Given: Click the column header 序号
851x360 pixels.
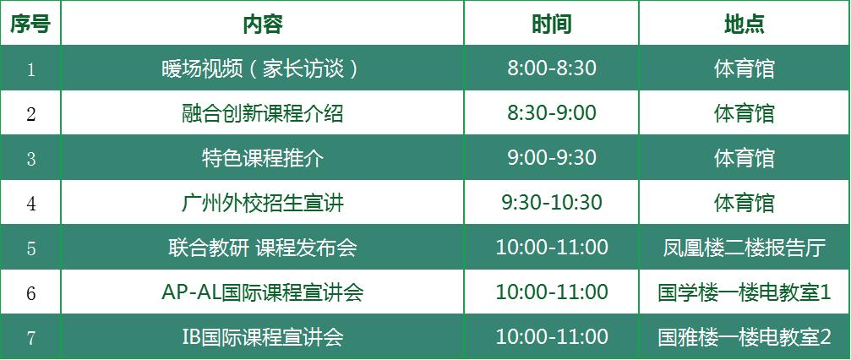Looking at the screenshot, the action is click(30, 24).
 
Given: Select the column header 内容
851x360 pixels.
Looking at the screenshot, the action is click(263, 24).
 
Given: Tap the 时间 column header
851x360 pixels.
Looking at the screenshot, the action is click(551, 24).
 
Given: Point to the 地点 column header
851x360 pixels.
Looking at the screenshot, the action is click(745, 24).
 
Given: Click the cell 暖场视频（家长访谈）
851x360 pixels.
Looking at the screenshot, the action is click(260, 69).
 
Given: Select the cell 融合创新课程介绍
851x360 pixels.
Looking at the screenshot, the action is click(263, 113).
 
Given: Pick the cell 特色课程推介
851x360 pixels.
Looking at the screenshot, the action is click(263, 158).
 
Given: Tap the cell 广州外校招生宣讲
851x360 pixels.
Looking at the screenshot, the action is click(263, 203).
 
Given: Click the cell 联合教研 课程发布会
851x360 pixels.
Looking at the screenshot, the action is click(263, 248).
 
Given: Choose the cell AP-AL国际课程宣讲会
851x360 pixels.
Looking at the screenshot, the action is click(263, 292).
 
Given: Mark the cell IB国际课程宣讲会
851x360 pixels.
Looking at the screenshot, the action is click(263, 337).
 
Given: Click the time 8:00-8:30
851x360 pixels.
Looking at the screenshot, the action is click(551, 68).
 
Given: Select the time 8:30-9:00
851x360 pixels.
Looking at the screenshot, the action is click(551, 113).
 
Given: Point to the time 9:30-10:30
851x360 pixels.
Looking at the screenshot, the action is click(551, 203).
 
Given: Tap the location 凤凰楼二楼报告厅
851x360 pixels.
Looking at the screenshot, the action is click(745, 248).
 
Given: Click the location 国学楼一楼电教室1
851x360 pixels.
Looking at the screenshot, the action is click(745, 292).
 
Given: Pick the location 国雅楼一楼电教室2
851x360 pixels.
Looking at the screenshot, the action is click(745, 337).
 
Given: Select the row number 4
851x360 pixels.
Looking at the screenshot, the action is click(31, 204).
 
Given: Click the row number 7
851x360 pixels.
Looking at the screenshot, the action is click(31, 338).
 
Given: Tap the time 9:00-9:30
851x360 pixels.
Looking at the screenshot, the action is click(551, 157).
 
